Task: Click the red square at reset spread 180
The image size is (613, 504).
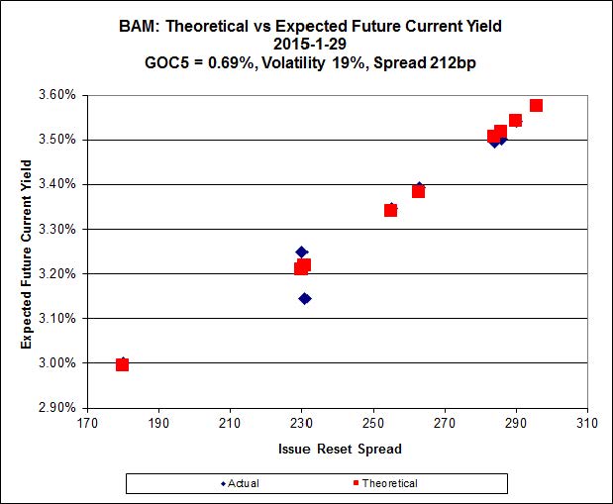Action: coord(122,364)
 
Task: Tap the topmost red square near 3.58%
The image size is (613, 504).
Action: coord(536,105)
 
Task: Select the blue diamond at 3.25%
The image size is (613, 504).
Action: coord(302,252)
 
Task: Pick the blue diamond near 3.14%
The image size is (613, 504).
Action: coord(305,298)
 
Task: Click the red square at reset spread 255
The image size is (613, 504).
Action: coord(391,210)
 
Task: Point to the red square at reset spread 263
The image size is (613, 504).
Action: coord(419,191)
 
